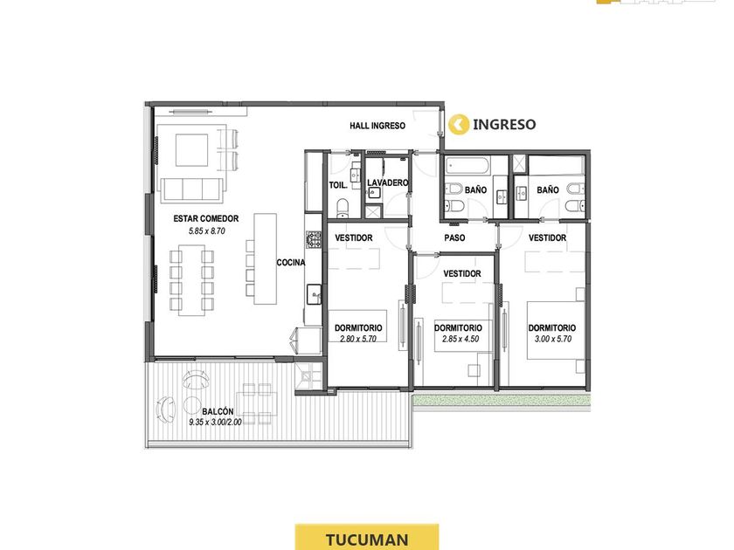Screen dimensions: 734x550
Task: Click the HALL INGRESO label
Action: (x=377, y=126)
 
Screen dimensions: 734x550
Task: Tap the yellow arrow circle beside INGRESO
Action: (x=459, y=124)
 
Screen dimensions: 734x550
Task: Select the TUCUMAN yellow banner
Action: (x=367, y=538)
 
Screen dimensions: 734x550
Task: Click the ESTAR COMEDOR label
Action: (x=206, y=218)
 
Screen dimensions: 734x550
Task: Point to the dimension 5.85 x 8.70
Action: (x=207, y=230)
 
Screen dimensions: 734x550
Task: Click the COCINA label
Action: (x=291, y=263)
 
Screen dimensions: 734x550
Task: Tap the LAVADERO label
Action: (x=388, y=182)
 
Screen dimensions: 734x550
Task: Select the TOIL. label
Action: (x=338, y=185)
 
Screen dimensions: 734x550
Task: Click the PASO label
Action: (x=454, y=237)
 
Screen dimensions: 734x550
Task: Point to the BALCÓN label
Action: (x=218, y=411)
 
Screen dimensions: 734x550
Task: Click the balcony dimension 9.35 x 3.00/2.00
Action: (x=215, y=422)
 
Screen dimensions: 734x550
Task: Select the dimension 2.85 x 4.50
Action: (x=460, y=339)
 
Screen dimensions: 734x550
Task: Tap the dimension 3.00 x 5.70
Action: (x=553, y=339)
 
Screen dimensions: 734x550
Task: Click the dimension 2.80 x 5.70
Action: (x=358, y=339)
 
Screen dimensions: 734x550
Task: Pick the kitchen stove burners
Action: (x=314, y=239)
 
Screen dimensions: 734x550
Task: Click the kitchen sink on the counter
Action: (x=314, y=294)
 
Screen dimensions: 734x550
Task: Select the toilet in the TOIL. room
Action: (x=343, y=208)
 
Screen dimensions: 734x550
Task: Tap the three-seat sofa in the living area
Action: (x=192, y=190)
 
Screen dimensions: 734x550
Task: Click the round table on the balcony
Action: (x=192, y=405)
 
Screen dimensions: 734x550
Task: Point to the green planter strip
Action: (x=502, y=401)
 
